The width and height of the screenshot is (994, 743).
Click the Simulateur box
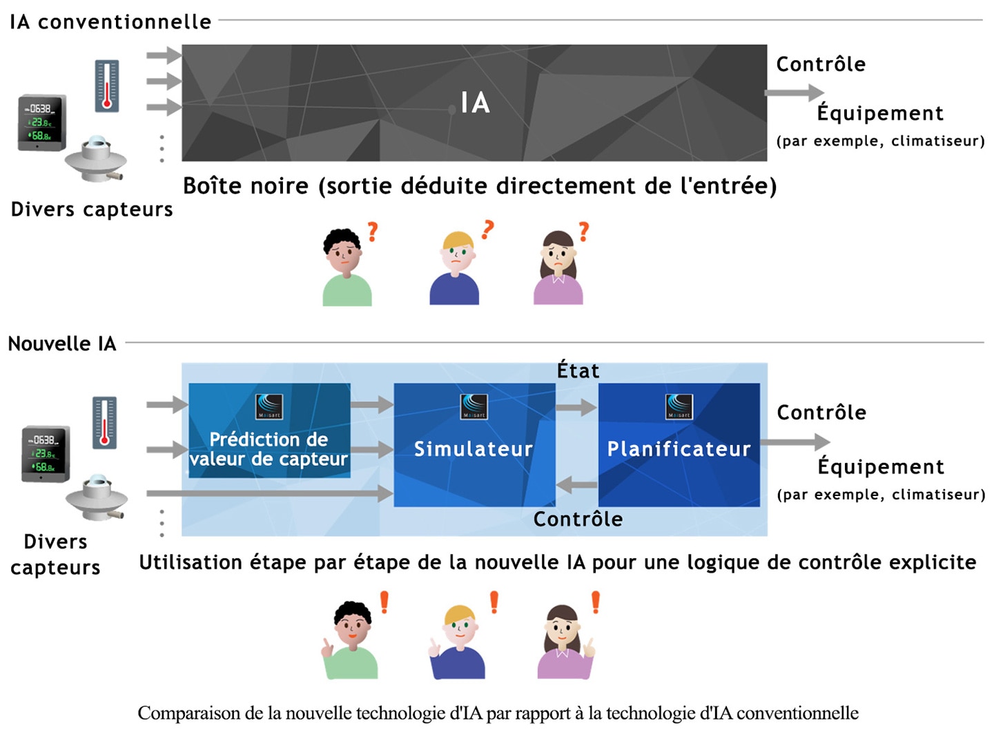pyautogui.click(x=474, y=444)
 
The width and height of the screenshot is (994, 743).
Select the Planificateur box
pyautogui.click(x=679, y=444)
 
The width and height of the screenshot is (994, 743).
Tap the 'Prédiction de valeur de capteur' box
pyautogui.click(x=269, y=430)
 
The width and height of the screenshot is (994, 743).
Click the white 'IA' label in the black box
pyautogui.click(x=475, y=102)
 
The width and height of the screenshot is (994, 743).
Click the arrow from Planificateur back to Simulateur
pyautogui.click(x=576, y=485)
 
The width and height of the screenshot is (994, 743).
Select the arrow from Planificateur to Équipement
pyautogui.click(x=795, y=442)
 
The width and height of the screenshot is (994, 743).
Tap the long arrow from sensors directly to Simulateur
pyautogui.click(x=270, y=493)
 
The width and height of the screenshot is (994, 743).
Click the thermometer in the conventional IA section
pyautogui.click(x=107, y=86)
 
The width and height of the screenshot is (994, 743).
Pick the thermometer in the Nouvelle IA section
pyautogui.click(x=105, y=423)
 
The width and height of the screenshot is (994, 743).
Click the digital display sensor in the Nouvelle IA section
pyautogui.click(x=46, y=454)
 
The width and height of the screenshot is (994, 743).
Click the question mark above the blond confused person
pyautogui.click(x=488, y=230)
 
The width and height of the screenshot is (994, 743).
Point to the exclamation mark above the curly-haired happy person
pyautogui.click(x=384, y=602)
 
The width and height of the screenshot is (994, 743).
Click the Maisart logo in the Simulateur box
pyautogui.click(x=474, y=406)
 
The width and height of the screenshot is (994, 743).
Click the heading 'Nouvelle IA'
pyautogui.click(x=62, y=344)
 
